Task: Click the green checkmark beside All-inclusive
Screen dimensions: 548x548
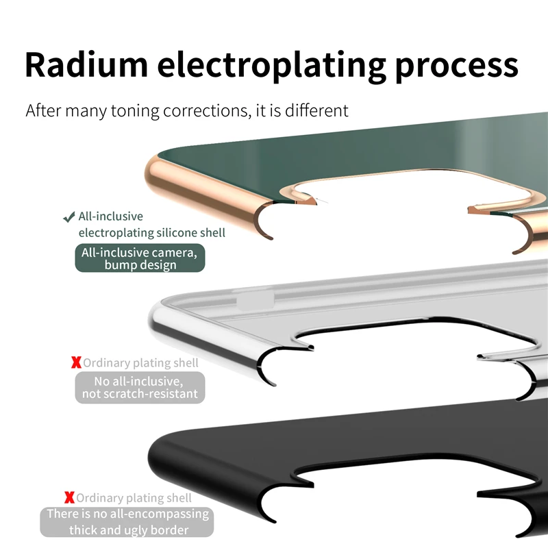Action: (68, 218)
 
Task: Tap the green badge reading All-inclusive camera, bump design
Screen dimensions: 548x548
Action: (140, 258)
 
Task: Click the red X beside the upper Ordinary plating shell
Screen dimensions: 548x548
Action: (76, 362)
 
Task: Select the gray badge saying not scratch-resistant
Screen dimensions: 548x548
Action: (140, 387)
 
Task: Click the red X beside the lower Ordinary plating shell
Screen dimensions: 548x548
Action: (69, 497)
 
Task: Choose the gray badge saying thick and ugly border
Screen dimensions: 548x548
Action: (128, 522)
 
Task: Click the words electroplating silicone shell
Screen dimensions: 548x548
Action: (151, 233)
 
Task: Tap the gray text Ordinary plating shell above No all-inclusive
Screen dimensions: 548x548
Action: (140, 362)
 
